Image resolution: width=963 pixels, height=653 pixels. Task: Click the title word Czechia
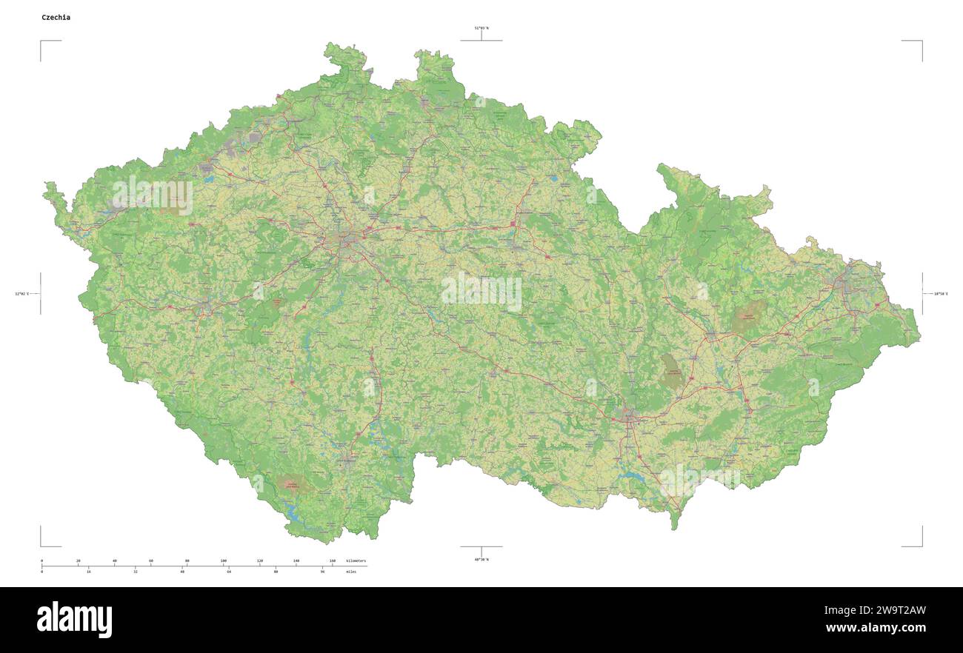[56, 17]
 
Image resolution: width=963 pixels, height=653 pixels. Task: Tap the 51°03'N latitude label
[481, 27]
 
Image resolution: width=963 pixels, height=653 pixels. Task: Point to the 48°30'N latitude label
[481, 559]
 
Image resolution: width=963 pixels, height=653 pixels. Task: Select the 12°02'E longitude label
[21, 294]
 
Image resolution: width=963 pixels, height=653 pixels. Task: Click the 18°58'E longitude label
[940, 294]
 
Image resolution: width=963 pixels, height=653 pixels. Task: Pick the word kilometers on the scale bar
[356, 561]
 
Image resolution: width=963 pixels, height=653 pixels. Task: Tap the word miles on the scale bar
[350, 572]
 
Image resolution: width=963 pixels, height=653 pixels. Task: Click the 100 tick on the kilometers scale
[223, 561]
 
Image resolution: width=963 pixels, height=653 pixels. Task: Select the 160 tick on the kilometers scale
[332, 561]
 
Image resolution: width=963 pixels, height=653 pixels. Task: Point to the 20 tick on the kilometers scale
[78, 561]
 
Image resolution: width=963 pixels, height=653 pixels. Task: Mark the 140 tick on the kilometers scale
[296, 561]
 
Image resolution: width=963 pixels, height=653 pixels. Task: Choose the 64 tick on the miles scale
[229, 572]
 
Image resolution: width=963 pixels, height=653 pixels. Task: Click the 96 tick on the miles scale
[322, 572]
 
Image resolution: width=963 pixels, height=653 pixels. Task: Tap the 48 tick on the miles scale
[182, 572]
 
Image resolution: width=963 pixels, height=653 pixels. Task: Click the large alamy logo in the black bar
[74, 620]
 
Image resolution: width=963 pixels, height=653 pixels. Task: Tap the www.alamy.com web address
[876, 629]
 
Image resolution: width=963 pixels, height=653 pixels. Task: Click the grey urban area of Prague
[348, 241]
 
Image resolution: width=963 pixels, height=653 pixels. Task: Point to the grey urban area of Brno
[630, 418]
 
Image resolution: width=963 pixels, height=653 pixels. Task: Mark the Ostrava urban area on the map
[848, 281]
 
